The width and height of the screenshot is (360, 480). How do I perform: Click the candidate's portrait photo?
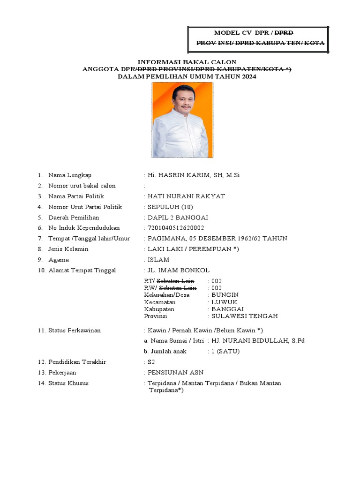pos(182,120)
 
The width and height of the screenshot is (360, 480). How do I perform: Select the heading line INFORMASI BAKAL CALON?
pos(187,62)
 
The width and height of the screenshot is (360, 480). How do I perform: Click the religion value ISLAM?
pos(158,260)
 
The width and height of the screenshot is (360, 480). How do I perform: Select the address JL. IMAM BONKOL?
pos(179,270)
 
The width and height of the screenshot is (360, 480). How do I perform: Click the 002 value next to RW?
pos(217,287)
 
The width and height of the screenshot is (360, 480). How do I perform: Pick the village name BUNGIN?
pos(225,295)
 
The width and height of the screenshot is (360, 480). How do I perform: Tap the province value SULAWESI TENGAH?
pos(245,316)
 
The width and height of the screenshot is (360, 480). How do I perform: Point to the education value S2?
pos(151,362)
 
